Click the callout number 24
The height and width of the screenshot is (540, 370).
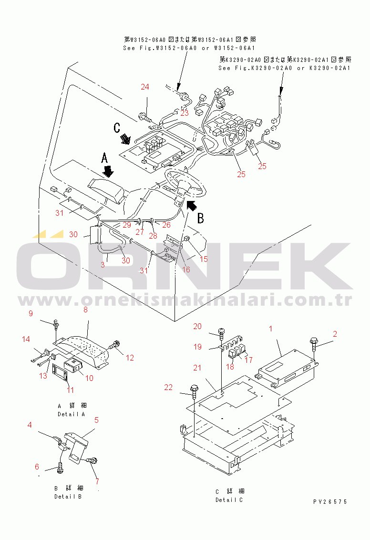coord(144,87)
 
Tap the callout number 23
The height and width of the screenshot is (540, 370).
coord(184,113)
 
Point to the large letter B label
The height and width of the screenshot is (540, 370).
coord(201,219)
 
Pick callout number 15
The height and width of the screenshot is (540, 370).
coord(204,260)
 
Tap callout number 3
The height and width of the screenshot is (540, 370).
coord(103,264)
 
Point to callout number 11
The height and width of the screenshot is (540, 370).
coord(71,390)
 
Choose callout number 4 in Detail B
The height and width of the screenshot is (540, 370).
coord(30,425)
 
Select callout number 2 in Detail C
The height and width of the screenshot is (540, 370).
coord(335,334)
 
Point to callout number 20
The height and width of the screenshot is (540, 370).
coord(197,326)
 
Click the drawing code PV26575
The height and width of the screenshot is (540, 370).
coord(330,502)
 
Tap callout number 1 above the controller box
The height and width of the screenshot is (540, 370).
coord(270,329)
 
